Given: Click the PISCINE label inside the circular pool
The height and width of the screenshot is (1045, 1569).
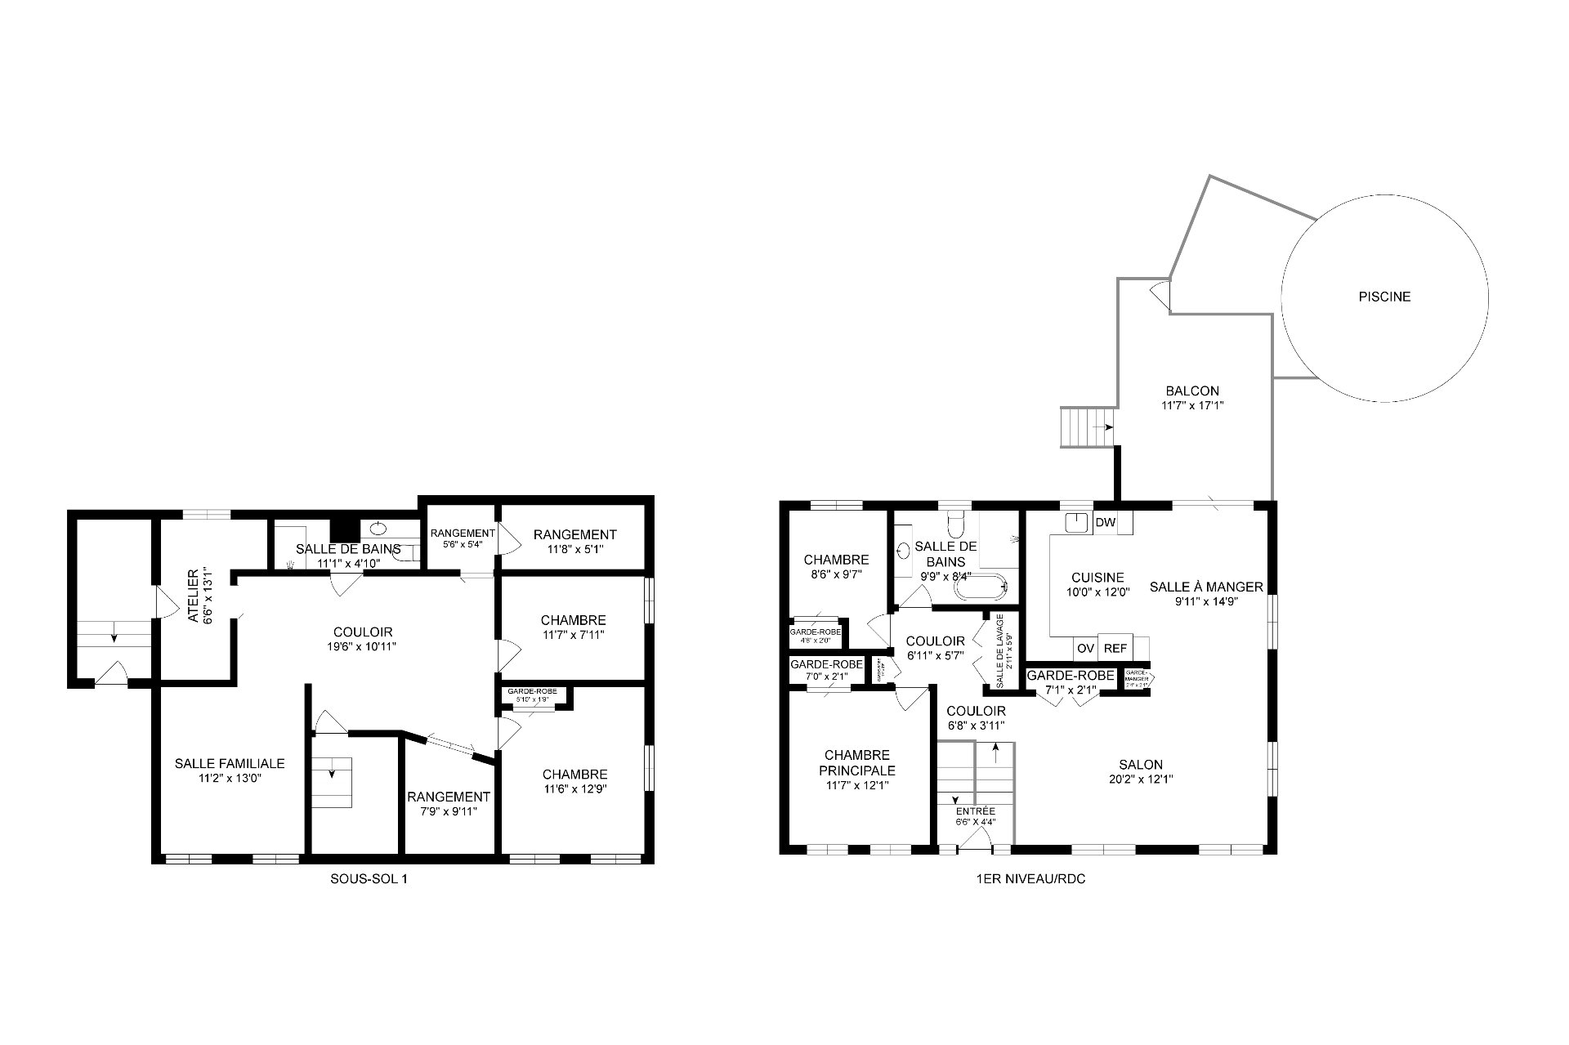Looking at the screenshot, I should pos(1384,297).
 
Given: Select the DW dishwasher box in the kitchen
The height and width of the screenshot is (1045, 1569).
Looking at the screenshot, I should pos(1105,523).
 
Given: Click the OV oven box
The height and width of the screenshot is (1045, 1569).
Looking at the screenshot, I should pos(1085,648).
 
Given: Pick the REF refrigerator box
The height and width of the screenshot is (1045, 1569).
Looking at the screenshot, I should pos(1115,648).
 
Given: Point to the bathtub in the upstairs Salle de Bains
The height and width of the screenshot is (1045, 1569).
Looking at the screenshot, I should pos(981,587).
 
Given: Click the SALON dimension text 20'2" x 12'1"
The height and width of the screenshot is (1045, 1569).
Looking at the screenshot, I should pos(1141,779).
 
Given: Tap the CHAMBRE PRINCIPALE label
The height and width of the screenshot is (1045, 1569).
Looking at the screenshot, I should pos(857,763).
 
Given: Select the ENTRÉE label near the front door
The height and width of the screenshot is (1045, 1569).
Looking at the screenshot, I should pos(976,811).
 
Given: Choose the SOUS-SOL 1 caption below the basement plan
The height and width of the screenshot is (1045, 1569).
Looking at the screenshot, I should pos(367,879).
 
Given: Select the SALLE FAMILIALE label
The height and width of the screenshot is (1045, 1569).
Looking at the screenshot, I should pos(230,763).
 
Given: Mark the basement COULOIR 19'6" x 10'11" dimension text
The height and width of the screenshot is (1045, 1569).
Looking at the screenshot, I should pos(363,646).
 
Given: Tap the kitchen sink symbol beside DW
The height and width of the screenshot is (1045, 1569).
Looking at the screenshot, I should pos(1079,523).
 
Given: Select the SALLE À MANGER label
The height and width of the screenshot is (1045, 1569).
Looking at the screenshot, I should pos(1206,587).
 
